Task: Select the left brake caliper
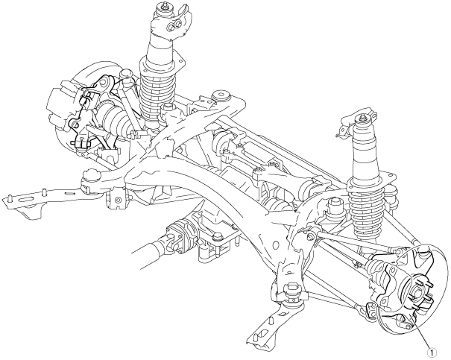tap(62, 104)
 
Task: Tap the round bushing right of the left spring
tap(221, 98)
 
